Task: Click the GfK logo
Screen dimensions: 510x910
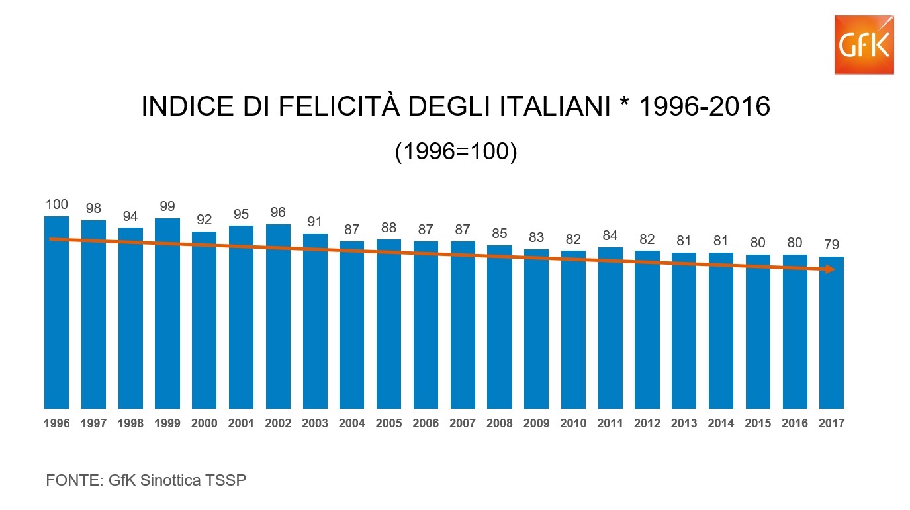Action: (864, 44)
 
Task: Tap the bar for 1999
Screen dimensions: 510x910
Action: (167, 314)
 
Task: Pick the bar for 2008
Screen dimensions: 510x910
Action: (500, 327)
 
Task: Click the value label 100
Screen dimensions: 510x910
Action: (57, 205)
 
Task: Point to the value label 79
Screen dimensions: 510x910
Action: (831, 245)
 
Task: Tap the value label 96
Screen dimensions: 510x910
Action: (278, 213)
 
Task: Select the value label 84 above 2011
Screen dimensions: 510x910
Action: (610, 236)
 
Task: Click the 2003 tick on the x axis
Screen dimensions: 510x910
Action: (315, 423)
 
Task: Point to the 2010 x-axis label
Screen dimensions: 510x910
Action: (573, 423)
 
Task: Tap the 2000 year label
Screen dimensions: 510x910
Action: (205, 423)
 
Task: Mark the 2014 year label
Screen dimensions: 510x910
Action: (721, 423)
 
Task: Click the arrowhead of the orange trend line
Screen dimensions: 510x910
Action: (829, 269)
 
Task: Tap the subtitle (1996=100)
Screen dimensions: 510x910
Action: (455, 152)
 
